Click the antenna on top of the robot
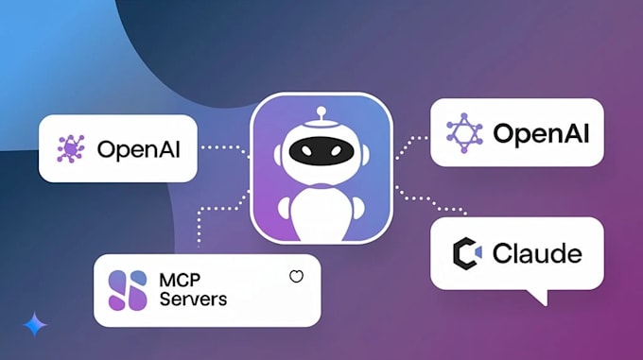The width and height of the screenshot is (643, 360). tap(321, 116)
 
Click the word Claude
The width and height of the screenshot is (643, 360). tap(536, 253)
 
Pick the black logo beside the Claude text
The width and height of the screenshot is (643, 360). tap(467, 253)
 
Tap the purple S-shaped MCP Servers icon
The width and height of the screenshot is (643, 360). tap(128, 290)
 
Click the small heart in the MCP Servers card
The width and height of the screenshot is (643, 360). tap(296, 277)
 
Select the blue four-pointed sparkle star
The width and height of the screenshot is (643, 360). tap(35, 324)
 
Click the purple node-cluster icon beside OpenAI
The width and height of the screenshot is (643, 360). tap(70, 148)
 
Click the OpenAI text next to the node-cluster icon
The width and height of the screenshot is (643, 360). tap(139, 148)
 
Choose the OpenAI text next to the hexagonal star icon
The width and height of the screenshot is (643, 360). tap(541, 133)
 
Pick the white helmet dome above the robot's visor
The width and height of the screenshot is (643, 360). tap(321, 131)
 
